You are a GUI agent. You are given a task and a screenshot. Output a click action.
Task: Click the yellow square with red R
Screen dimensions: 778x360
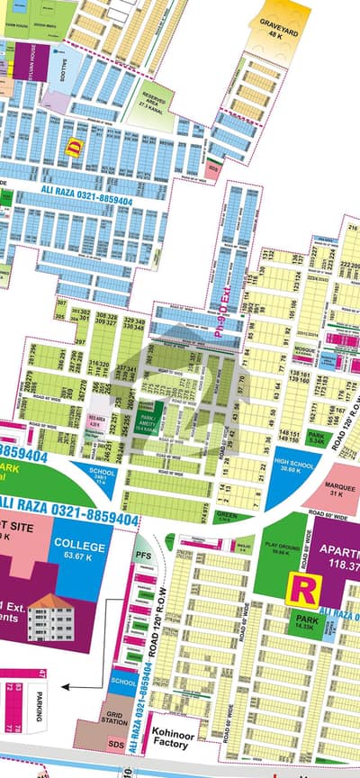pos(301,590)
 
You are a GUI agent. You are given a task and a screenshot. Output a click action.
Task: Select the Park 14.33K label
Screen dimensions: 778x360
pos(307,623)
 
